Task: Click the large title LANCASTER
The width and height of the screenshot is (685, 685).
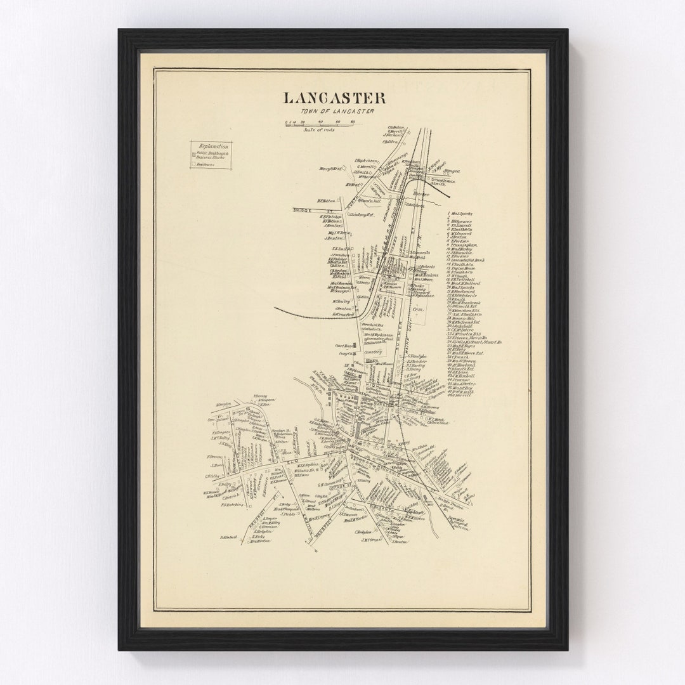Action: coord(334,98)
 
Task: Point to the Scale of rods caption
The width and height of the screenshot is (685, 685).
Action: coord(318,129)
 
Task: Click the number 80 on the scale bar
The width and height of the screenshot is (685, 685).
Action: coord(353,121)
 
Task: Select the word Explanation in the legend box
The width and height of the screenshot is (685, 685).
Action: coord(212,146)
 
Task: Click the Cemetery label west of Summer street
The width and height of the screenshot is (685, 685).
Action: coord(373,351)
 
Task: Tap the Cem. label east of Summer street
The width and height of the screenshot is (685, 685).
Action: coord(418,310)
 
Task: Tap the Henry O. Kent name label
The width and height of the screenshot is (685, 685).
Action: coord(330,168)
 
